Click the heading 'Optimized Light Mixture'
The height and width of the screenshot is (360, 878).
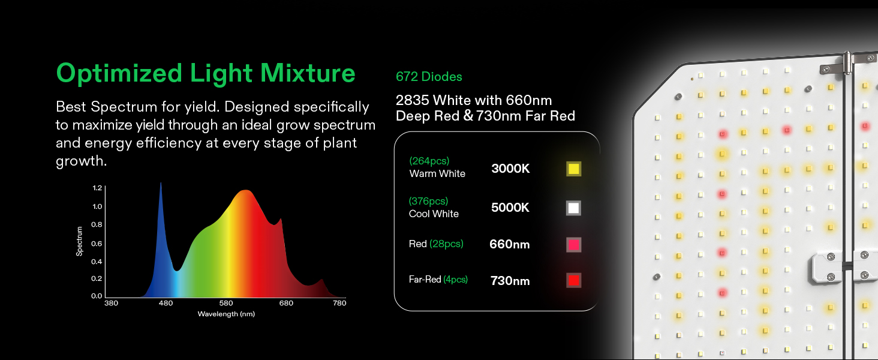206,73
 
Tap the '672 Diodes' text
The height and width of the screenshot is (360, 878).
429,76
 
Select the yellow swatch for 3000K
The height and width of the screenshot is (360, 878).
573,169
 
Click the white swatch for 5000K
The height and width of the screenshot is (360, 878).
573,208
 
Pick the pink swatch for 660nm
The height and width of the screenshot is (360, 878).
573,245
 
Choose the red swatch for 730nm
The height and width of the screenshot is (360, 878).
573,280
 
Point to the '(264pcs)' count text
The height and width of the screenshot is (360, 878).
429,161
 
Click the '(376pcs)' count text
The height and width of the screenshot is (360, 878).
428,201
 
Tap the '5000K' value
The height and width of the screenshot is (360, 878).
510,208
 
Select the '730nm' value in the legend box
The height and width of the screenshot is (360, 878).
510,281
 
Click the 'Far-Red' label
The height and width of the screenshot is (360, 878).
425,279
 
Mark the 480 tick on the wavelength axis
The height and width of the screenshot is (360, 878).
166,303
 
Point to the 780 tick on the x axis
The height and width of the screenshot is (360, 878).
339,303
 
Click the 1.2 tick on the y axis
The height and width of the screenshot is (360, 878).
97,188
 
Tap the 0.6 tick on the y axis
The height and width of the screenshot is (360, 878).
97,244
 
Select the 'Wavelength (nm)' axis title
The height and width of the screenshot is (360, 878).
226,314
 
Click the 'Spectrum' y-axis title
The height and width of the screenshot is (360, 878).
80,241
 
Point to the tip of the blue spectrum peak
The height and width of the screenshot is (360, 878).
161,182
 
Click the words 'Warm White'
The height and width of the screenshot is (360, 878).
437,174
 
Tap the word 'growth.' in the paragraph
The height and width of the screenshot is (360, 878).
81,161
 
